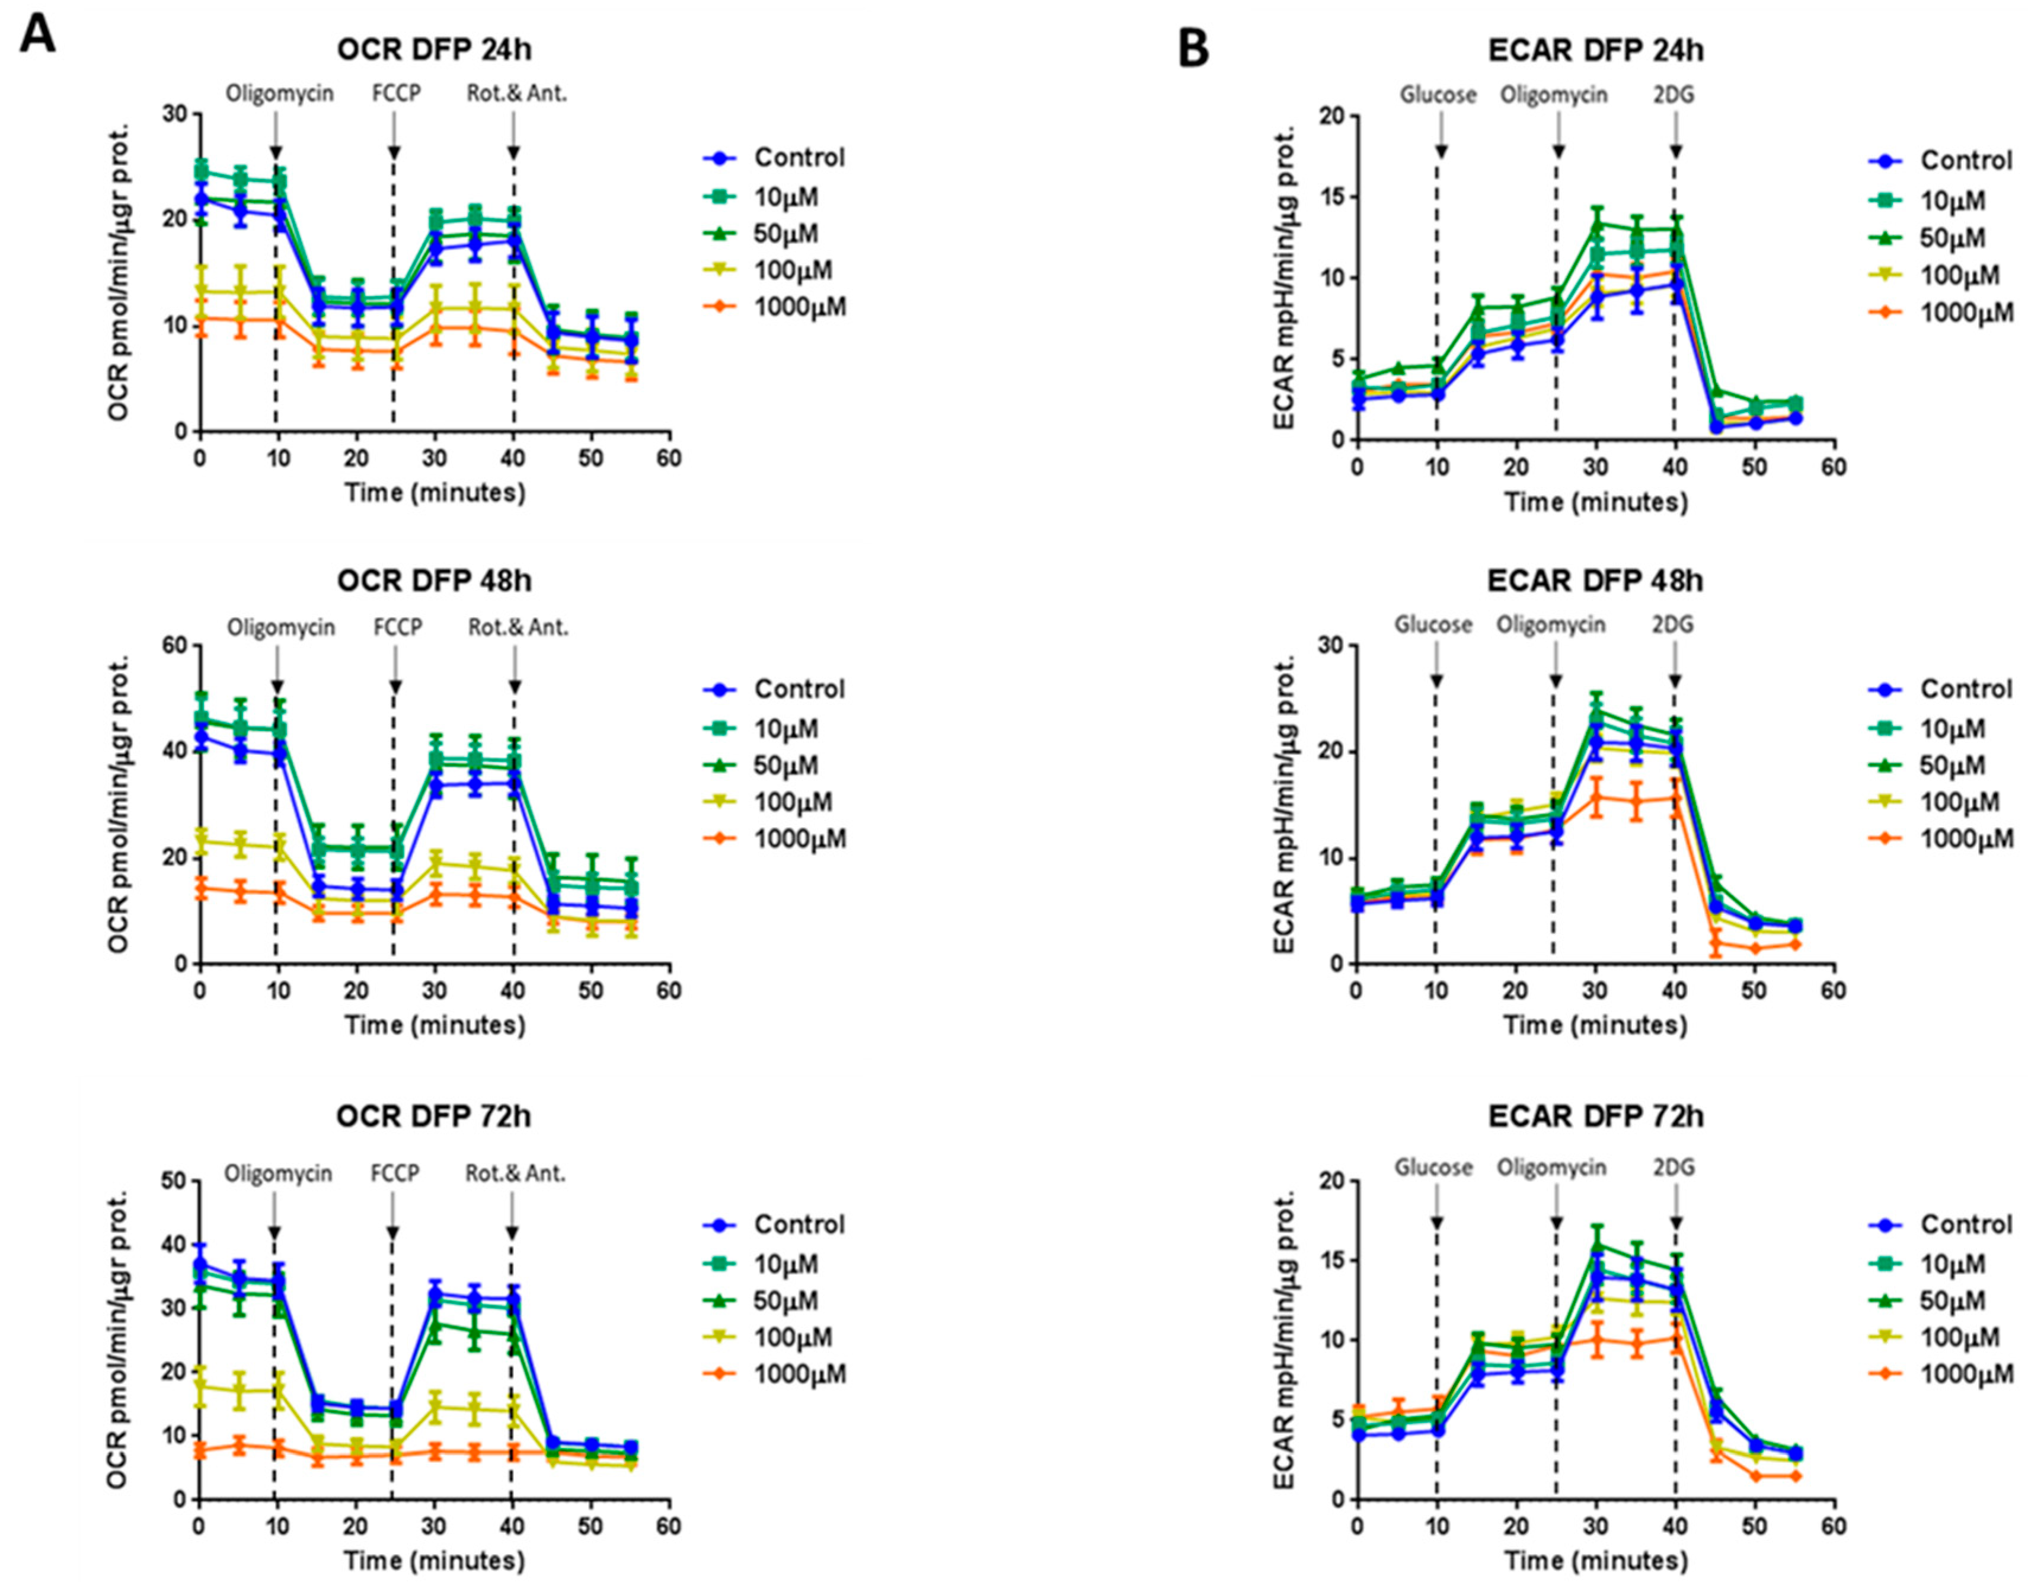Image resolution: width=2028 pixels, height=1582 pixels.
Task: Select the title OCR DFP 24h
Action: click(x=435, y=49)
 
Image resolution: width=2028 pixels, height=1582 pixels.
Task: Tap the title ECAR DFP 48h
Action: click(x=1595, y=581)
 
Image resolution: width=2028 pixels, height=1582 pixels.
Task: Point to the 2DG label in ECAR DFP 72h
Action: click(x=1674, y=1167)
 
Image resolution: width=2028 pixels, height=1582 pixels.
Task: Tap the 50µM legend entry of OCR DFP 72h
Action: click(x=785, y=1300)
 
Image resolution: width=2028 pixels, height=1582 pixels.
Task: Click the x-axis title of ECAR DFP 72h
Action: click(x=1595, y=1562)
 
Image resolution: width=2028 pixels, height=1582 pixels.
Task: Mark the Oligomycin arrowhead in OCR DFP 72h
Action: click(x=275, y=1233)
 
